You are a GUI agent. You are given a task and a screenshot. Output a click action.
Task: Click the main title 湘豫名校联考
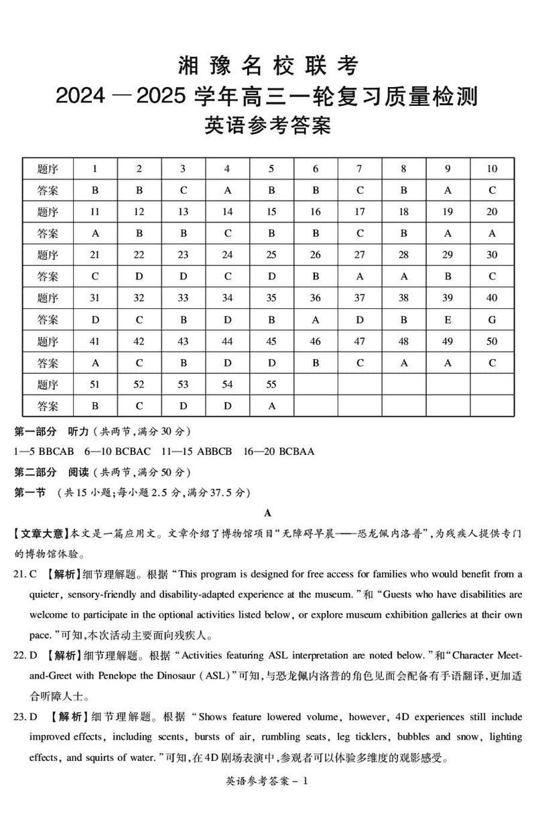tap(268, 66)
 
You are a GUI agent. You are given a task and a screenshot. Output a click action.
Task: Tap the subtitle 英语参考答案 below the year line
tap(268, 125)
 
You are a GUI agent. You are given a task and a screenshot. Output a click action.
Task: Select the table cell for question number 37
tap(360, 298)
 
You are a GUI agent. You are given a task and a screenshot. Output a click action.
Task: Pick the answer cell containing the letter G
tap(492, 320)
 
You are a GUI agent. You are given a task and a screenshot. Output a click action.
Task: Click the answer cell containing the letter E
tap(448, 320)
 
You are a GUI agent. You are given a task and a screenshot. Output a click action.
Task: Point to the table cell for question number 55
tap(271, 385)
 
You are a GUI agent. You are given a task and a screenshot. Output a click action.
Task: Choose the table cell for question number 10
tap(492, 169)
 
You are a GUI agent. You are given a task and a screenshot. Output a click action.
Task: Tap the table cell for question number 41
tap(95, 342)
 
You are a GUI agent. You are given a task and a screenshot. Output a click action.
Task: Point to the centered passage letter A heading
tap(268, 513)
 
